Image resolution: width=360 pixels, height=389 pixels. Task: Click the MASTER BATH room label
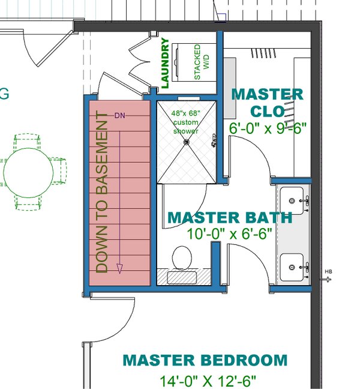[x=229, y=217]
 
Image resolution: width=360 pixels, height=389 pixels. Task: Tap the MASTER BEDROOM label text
[x=205, y=360]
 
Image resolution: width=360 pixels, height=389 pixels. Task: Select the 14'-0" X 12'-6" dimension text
[x=208, y=381]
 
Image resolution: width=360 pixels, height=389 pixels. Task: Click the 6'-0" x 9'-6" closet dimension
[x=268, y=128]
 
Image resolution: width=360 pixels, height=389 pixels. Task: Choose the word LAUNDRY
[x=165, y=64]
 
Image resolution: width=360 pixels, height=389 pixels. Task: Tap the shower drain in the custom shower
[x=187, y=142]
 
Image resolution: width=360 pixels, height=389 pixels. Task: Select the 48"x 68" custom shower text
[x=186, y=122]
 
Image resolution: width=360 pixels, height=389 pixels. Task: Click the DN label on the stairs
[x=120, y=115]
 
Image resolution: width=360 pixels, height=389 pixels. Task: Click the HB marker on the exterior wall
[x=328, y=272]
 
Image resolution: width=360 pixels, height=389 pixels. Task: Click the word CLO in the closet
[x=267, y=112]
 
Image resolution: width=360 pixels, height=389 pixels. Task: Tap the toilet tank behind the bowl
[x=181, y=277]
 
